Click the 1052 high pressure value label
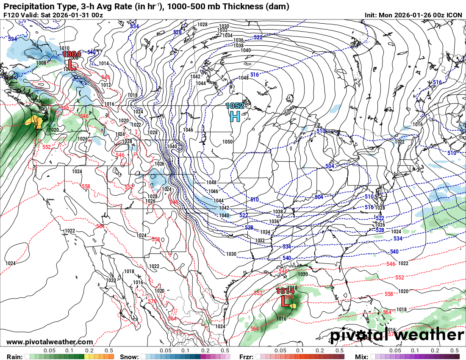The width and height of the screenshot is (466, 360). pyautogui.click(x=235, y=106)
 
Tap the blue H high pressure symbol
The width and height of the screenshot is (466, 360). pyautogui.click(x=235, y=116)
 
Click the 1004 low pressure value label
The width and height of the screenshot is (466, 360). pyautogui.click(x=72, y=54)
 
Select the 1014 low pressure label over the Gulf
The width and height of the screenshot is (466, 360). pyautogui.click(x=285, y=291)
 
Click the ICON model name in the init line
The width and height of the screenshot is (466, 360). pyautogui.click(x=454, y=15)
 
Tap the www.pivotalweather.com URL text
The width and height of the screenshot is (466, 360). pyautogui.click(x=50, y=342)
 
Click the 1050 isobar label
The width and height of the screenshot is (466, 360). pyautogui.click(x=227, y=142)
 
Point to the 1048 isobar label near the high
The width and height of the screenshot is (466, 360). pyautogui.click(x=243, y=78)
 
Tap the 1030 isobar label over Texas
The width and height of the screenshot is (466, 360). pyautogui.click(x=231, y=254)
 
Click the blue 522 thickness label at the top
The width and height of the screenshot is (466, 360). pyautogui.click(x=258, y=37)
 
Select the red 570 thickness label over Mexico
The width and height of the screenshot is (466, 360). pyautogui.click(x=152, y=301)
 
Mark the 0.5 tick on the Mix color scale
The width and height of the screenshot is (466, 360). pyautogui.click(x=455, y=351)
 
